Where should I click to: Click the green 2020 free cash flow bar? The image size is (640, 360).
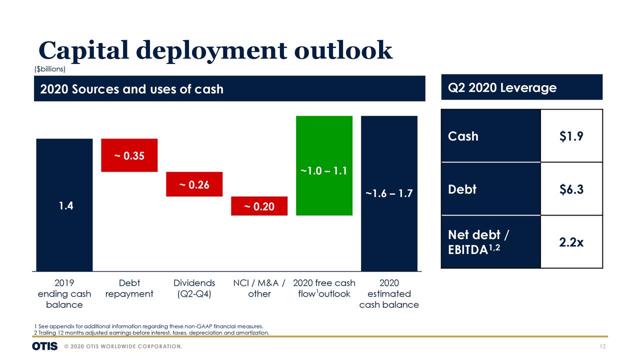(324, 165)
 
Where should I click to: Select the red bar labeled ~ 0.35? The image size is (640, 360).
(129, 155)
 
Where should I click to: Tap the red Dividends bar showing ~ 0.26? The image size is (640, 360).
(194, 184)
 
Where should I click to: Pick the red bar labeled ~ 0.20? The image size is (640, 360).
(259, 206)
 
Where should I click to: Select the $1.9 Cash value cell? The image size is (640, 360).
(571, 136)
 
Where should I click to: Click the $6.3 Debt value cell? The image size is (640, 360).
(571, 189)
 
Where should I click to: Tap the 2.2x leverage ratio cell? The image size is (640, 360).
(571, 242)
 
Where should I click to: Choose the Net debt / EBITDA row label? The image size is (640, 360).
(478, 242)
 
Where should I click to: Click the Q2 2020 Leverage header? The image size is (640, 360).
(502, 88)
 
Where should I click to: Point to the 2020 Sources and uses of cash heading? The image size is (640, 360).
(131, 89)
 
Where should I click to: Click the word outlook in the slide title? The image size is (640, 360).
(343, 50)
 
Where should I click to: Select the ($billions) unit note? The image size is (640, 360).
(49, 68)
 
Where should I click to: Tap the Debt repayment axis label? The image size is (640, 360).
(129, 288)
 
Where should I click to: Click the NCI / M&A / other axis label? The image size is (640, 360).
(259, 288)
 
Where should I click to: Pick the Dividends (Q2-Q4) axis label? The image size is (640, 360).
(194, 288)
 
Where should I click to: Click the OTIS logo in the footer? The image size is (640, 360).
(44, 346)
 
